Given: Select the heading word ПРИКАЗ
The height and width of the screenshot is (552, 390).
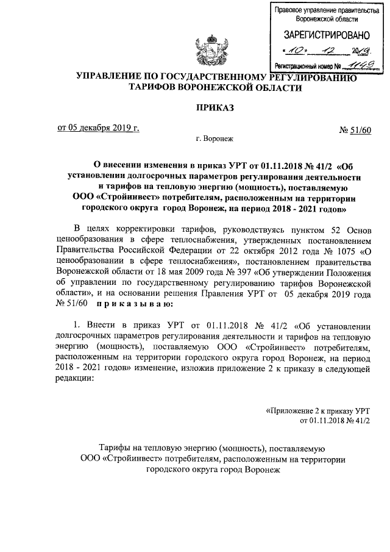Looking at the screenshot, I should pos(215,108).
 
